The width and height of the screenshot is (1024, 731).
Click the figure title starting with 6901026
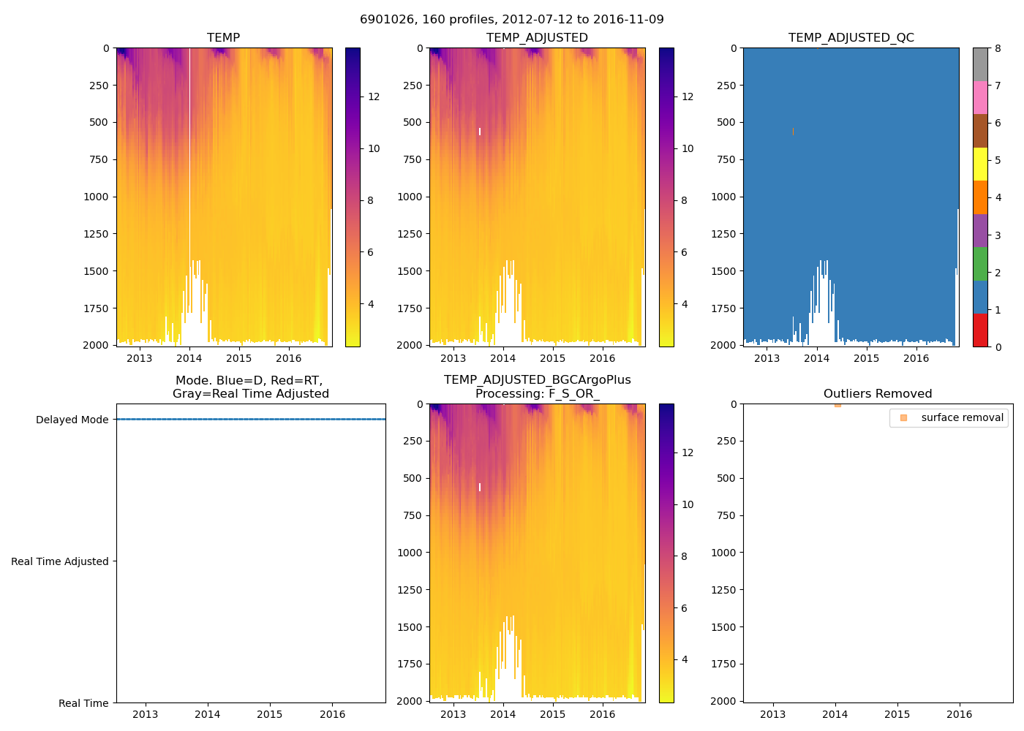pyautogui.click(x=512, y=20)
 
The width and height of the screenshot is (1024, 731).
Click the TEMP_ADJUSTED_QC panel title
pyautogui.click(x=851, y=38)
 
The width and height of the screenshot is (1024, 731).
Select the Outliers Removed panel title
pyautogui.click(x=878, y=394)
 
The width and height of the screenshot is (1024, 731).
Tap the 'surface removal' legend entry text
pyautogui.click(x=962, y=417)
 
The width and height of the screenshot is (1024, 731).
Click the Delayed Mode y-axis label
pyautogui.click(x=72, y=420)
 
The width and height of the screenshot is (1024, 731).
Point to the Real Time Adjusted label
pyautogui.click(x=60, y=561)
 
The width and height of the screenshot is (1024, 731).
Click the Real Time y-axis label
pyautogui.click(x=83, y=703)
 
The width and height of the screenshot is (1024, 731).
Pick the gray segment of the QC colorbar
pyautogui.click(x=980, y=64)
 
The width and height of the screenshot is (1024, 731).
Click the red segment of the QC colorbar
pyautogui.click(x=980, y=330)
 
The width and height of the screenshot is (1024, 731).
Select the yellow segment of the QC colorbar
pyautogui.click(x=980, y=164)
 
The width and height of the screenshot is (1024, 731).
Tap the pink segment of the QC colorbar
pyautogui.click(x=980, y=97)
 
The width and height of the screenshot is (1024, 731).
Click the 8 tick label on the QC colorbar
pyautogui.click(x=998, y=48)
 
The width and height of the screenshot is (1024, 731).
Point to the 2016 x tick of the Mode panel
pyautogui.click(x=333, y=714)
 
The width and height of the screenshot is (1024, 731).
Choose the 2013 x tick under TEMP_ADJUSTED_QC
pyautogui.click(x=767, y=358)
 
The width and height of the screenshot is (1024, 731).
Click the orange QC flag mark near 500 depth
pyautogui.click(x=793, y=132)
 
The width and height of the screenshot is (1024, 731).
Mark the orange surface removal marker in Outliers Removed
pyautogui.click(x=837, y=404)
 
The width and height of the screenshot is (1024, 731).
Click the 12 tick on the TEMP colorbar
pyautogui.click(x=374, y=96)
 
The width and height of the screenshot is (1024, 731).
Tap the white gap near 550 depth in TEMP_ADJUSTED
pyautogui.click(x=480, y=132)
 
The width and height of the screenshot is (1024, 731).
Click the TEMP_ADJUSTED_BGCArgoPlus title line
pyautogui.click(x=537, y=380)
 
